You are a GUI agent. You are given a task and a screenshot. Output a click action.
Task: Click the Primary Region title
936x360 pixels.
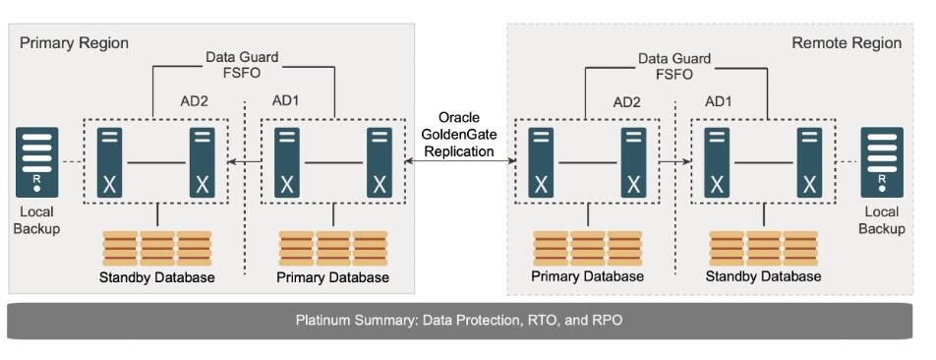[75, 43]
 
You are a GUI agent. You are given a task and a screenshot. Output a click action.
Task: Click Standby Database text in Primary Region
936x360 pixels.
[157, 277]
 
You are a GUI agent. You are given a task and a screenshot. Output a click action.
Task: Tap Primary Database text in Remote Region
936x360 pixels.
[587, 276]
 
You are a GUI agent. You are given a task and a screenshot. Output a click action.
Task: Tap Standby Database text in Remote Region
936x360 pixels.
[763, 276]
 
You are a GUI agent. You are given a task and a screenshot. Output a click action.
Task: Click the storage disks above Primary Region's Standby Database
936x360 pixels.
[157, 248]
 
